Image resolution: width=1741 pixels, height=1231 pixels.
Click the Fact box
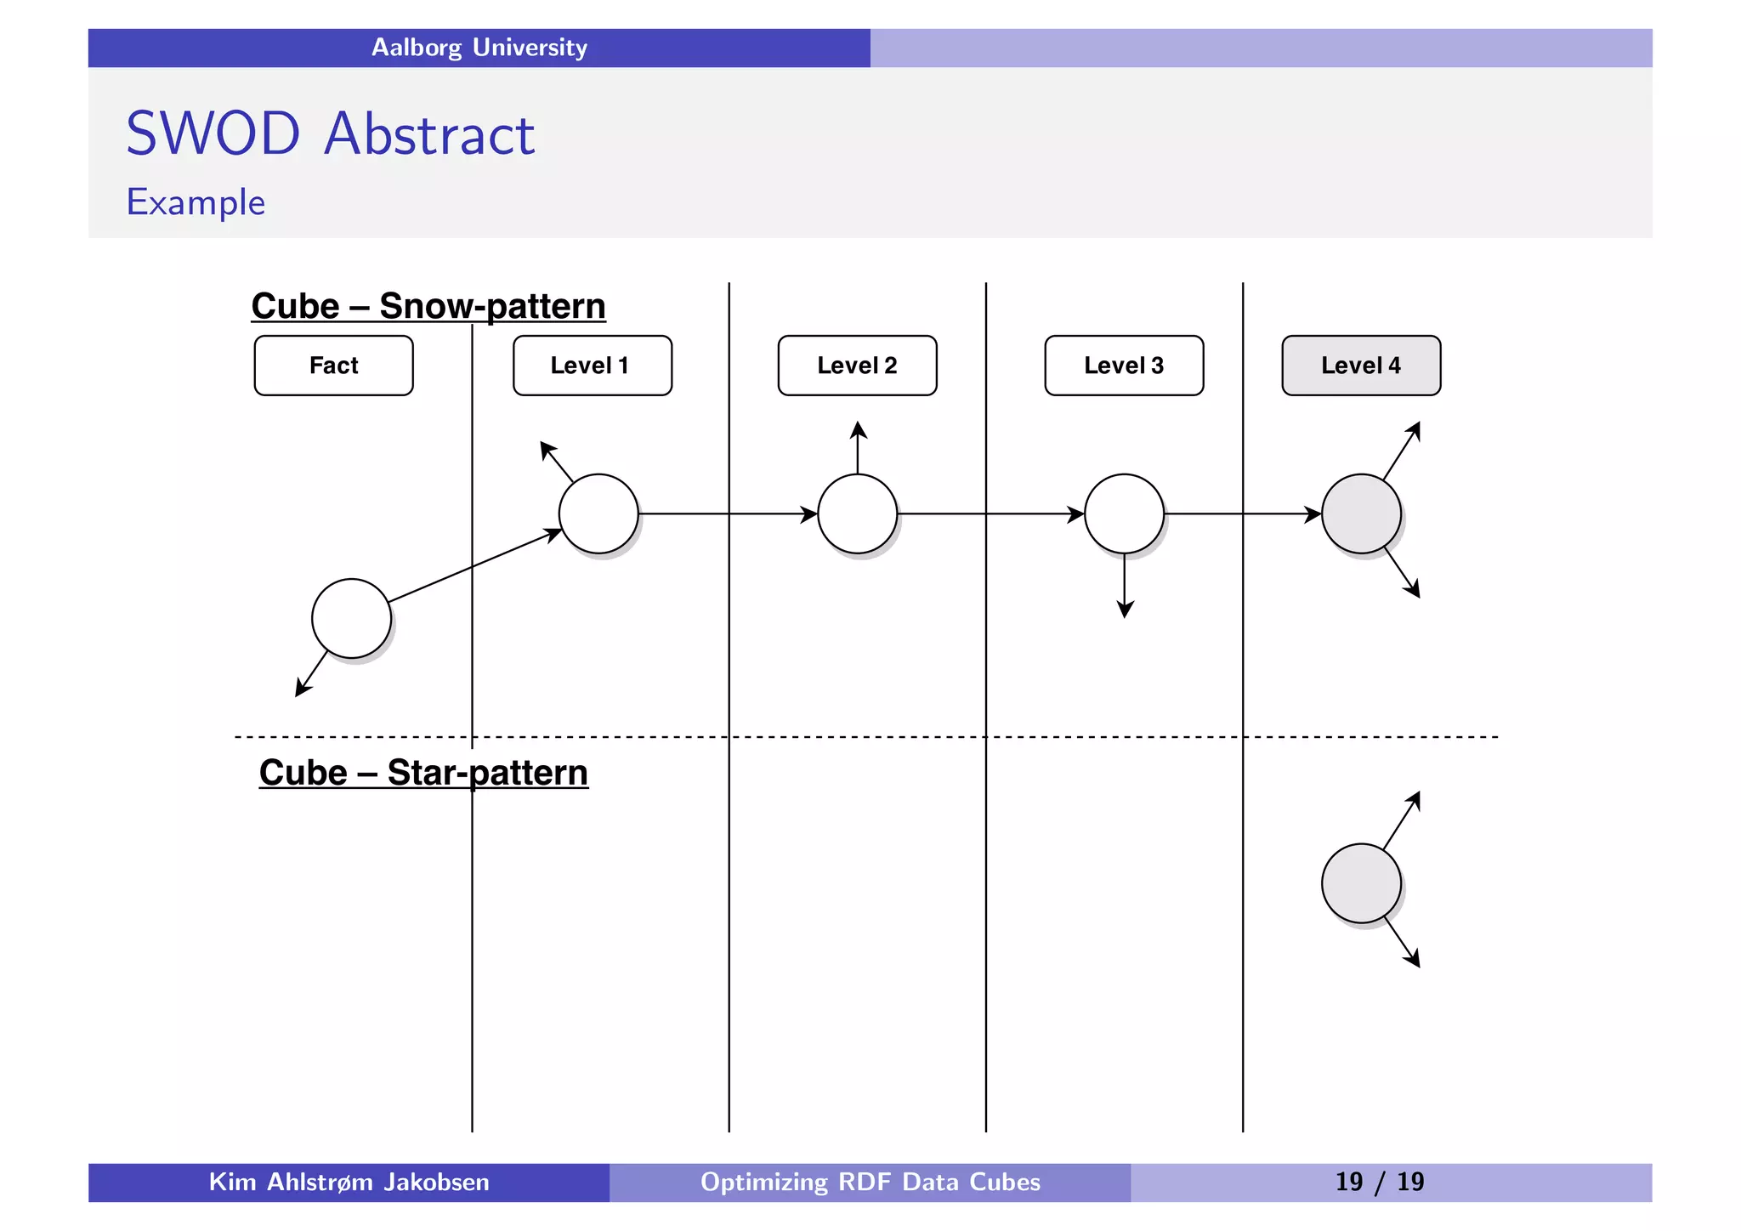coord(333,366)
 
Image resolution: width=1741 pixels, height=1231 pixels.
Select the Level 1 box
coord(592,366)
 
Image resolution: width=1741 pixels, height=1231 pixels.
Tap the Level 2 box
coord(857,366)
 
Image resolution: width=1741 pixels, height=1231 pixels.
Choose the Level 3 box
coord(1124,366)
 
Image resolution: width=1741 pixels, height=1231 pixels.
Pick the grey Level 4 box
coord(1361,366)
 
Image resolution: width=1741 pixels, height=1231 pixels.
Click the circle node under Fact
coord(351,619)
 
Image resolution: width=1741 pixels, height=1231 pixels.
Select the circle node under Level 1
coord(598,513)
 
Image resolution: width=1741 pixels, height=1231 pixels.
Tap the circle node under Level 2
coord(857,513)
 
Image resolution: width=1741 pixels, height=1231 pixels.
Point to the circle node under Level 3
coord(1124,513)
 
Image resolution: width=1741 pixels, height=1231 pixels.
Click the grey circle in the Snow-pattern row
coord(1361,513)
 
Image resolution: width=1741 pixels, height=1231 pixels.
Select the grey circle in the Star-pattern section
coord(1361,883)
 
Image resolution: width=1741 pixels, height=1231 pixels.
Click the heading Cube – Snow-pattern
coord(428,306)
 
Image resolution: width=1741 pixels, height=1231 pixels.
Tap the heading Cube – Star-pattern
coord(423,773)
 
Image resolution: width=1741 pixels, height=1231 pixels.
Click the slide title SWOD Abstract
coord(330,133)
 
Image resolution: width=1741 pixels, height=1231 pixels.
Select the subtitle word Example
coord(196,202)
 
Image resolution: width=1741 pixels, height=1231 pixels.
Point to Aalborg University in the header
coord(479,48)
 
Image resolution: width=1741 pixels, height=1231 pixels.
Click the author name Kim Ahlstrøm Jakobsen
coord(349,1182)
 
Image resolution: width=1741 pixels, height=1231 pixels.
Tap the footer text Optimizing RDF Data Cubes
coord(870,1182)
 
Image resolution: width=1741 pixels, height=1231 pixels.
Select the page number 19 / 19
coord(1379,1182)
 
